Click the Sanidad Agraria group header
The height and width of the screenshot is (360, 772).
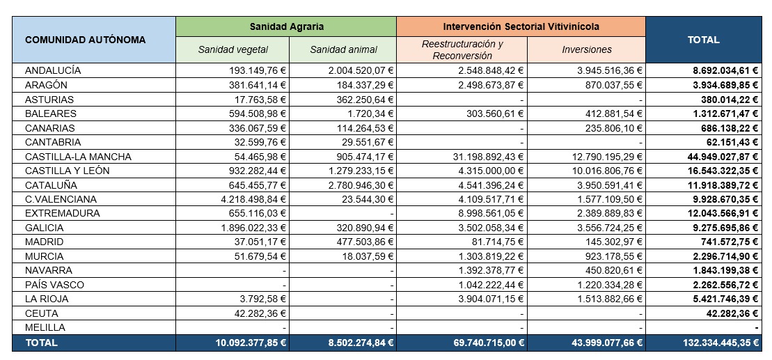pyautogui.click(x=287, y=26)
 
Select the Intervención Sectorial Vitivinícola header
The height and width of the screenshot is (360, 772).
pyautogui.click(x=521, y=26)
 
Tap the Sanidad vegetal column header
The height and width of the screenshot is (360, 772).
pyautogui.click(x=233, y=49)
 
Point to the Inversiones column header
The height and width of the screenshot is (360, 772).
pyautogui.click(x=586, y=49)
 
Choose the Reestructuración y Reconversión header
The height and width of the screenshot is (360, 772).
pyautogui.click(x=462, y=49)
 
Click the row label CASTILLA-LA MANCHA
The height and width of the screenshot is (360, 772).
pyautogui.click(x=78, y=157)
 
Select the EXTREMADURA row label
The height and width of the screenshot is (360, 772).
pyautogui.click(x=62, y=214)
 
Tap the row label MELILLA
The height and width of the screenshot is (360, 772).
pyautogui.click(x=45, y=327)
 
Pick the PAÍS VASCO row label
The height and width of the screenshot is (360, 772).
pyautogui.click(x=54, y=285)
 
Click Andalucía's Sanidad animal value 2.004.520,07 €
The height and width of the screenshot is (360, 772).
pyautogui.click(x=361, y=71)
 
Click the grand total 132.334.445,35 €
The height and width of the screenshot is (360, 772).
pyautogui.click(x=720, y=343)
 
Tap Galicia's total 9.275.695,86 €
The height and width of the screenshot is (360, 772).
pyautogui.click(x=726, y=228)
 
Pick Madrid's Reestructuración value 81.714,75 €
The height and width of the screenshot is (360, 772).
pyautogui.click(x=496, y=242)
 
